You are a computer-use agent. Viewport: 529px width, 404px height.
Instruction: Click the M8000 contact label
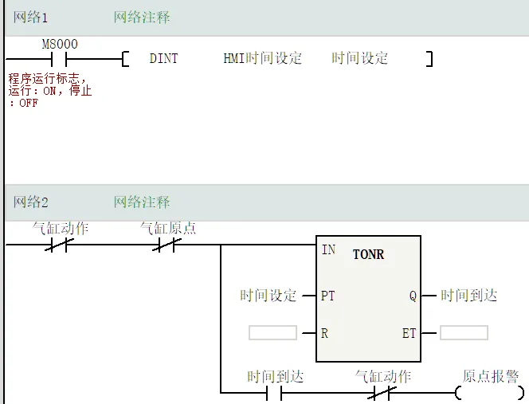(x=60, y=45)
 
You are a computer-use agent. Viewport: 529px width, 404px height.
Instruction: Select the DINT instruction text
(x=164, y=59)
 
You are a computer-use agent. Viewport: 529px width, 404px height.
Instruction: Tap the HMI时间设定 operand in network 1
(x=263, y=59)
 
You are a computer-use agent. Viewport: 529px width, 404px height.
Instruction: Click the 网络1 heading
(x=30, y=18)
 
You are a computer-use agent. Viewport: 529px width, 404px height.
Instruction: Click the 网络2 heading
(x=30, y=202)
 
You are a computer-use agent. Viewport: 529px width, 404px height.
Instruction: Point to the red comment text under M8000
(x=49, y=91)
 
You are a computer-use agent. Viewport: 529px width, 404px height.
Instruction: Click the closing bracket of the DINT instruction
(x=429, y=59)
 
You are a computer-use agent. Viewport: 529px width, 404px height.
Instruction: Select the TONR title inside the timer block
(x=368, y=254)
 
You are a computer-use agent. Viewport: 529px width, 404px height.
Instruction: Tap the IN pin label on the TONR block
(x=328, y=249)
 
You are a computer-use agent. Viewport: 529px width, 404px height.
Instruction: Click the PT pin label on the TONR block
(x=328, y=296)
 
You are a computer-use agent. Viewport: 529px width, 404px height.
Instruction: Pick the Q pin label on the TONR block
(x=413, y=296)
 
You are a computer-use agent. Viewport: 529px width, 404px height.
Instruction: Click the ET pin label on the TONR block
(x=409, y=333)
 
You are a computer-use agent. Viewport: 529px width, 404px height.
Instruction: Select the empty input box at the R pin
(x=272, y=333)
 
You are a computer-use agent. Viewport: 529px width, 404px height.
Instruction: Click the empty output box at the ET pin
(x=464, y=333)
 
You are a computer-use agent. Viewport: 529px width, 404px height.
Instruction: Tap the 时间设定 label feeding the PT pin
(x=268, y=296)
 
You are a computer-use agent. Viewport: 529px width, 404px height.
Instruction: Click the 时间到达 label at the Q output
(x=469, y=296)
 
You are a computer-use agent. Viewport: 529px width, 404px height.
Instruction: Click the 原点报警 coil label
(x=491, y=376)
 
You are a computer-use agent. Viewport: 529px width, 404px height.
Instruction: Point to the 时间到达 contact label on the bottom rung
(x=275, y=376)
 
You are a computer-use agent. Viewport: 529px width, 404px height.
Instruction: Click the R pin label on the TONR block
(x=325, y=333)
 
